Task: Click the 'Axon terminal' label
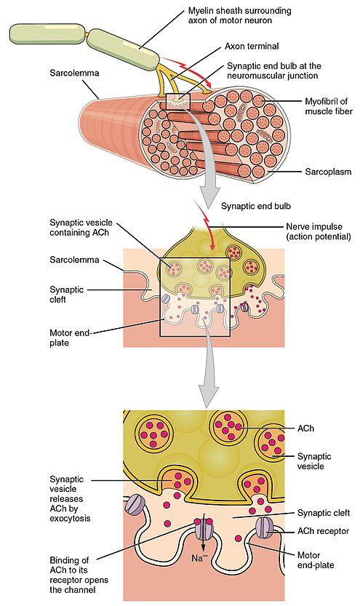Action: point(252,47)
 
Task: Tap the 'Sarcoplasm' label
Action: point(328,172)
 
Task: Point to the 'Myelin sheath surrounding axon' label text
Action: point(239,15)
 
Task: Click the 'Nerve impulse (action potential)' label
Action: point(319,231)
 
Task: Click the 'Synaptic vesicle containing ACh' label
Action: point(81,228)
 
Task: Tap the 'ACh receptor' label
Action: point(323,531)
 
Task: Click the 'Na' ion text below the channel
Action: point(199,558)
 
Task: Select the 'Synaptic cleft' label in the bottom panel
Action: point(324,513)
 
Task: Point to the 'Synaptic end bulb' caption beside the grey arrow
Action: point(256,206)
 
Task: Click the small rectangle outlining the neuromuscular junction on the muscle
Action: point(178,93)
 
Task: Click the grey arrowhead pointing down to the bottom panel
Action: point(208,396)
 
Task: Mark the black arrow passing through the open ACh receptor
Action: point(203,536)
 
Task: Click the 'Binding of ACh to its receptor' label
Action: point(79,575)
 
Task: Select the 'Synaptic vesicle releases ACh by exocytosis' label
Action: point(70,499)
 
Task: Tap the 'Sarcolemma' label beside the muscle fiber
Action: point(74,73)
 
